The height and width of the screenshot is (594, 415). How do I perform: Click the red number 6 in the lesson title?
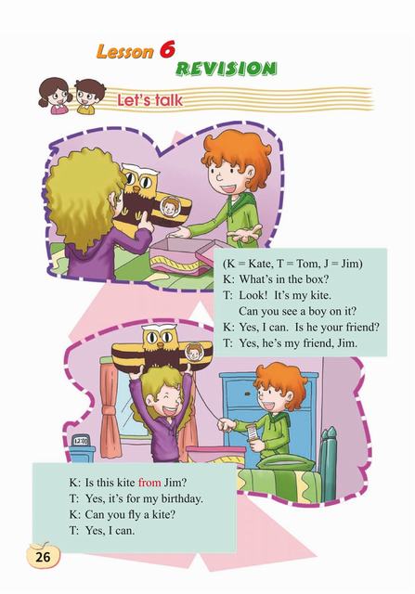tap(167, 50)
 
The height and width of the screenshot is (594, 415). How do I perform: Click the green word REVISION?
tap(227, 69)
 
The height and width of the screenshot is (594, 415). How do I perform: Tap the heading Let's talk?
tap(150, 100)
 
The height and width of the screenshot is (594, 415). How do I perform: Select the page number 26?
tap(44, 557)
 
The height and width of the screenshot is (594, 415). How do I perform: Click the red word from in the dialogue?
tap(149, 483)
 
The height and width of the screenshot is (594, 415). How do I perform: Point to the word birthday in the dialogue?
tap(182, 498)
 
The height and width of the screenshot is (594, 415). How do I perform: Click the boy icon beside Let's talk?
tap(89, 97)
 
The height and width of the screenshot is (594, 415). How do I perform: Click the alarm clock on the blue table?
tap(80, 441)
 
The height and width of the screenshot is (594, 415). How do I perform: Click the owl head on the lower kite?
tap(160, 336)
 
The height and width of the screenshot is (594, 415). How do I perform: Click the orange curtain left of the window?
tap(110, 408)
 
